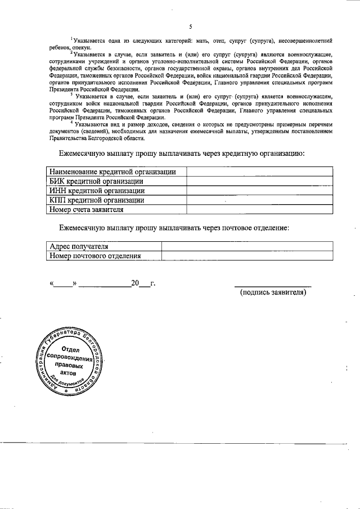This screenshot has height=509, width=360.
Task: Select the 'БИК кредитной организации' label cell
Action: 96,182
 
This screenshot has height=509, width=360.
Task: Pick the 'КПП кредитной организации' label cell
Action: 97,200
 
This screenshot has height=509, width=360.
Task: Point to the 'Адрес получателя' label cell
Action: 79,246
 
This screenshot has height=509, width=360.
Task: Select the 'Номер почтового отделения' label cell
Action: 95,256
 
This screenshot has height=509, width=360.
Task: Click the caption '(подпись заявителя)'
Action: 273,292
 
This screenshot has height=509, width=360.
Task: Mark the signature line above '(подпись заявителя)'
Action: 273,286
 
